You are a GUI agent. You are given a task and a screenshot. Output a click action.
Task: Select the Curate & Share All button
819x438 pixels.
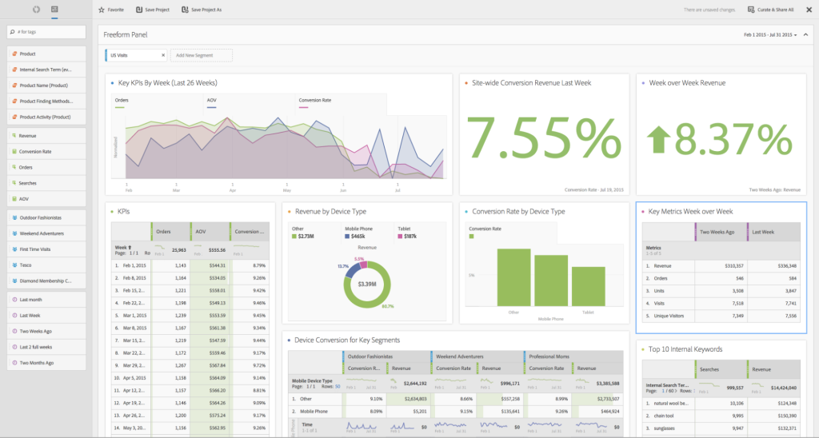pyautogui.click(x=771, y=10)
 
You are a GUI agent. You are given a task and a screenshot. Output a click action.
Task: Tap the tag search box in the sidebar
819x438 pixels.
pyautogui.click(x=46, y=32)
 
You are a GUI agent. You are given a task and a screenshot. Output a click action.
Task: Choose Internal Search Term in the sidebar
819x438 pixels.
pyautogui.click(x=46, y=70)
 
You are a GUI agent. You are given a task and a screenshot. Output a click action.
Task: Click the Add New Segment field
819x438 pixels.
pyautogui.click(x=201, y=55)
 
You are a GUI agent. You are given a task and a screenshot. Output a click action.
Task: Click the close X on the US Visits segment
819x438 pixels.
pyautogui.click(x=163, y=55)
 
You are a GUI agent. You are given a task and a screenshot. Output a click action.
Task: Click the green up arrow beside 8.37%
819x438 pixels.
pyautogui.click(x=660, y=140)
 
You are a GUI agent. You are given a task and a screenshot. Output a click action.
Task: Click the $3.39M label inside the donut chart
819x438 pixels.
pyautogui.click(x=368, y=283)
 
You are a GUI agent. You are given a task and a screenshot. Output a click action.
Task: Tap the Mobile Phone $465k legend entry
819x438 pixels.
pyautogui.click(x=357, y=236)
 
